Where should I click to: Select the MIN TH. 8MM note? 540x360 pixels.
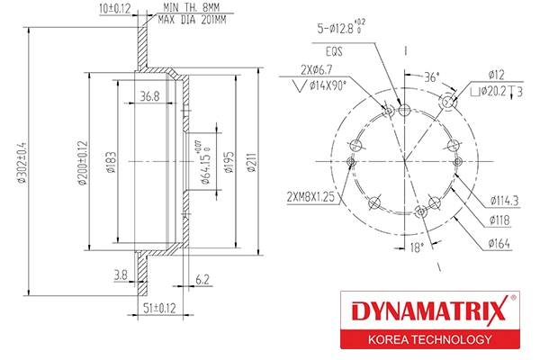190,8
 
